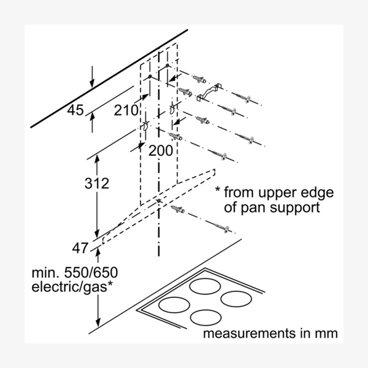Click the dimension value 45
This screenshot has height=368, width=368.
pos(75,110)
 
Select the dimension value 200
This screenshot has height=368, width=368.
pos(160,148)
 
